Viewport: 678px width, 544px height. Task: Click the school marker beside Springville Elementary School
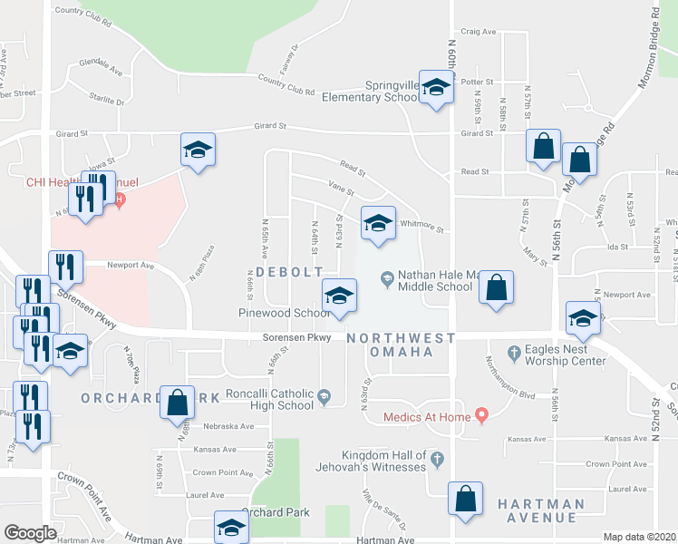coord(436,88)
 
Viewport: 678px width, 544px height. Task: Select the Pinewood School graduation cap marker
coord(339,296)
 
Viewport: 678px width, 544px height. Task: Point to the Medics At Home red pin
coord(481,416)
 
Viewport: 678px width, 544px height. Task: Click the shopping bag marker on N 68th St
coord(177,402)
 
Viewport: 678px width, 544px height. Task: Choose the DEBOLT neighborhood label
coord(286,272)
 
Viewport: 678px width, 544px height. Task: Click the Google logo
coord(30,533)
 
